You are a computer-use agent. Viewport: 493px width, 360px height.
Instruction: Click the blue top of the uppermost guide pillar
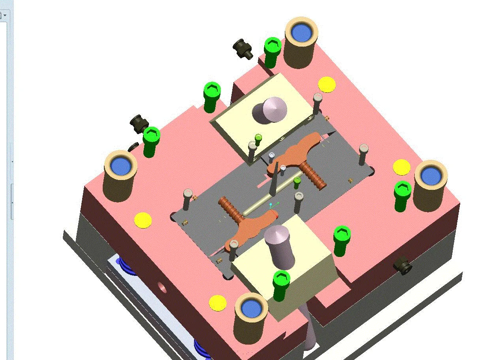[x=302, y=32]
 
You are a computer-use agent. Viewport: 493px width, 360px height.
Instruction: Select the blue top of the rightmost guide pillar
[x=431, y=175]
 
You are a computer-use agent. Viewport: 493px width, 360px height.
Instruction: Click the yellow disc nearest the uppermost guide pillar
[x=327, y=84]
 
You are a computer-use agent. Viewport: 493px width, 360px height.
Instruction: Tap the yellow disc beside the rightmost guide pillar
[x=401, y=167]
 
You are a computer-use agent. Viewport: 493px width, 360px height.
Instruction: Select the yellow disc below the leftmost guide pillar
[x=143, y=220]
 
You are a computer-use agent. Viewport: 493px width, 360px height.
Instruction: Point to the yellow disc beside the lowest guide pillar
[x=218, y=303]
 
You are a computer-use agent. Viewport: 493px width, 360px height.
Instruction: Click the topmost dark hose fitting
[x=242, y=48]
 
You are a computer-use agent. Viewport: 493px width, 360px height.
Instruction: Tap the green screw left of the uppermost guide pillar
[x=272, y=51]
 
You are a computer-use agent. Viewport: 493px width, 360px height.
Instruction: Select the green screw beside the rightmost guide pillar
[x=402, y=194]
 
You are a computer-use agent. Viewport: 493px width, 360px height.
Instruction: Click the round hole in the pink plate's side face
[x=162, y=287]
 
